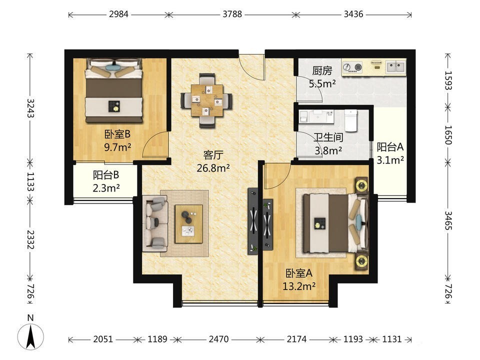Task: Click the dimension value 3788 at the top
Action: click(x=232, y=14)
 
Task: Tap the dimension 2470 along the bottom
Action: click(x=218, y=339)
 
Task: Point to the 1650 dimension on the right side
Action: click(x=448, y=134)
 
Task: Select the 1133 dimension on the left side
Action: click(x=30, y=181)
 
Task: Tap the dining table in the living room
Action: click(x=207, y=100)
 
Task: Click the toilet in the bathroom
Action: click(x=351, y=120)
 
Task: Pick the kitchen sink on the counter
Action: click(x=395, y=66)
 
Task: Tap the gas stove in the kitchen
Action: click(x=352, y=67)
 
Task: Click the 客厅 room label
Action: click(x=213, y=155)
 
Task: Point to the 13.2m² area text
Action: click(x=299, y=286)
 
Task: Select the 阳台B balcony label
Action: click(x=106, y=175)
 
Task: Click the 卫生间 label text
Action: click(x=328, y=137)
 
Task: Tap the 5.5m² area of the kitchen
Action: click(x=322, y=83)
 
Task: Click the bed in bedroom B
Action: click(x=114, y=90)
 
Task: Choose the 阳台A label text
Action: click(x=390, y=147)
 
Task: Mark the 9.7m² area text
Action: click(x=117, y=147)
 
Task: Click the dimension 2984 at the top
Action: click(x=119, y=14)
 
